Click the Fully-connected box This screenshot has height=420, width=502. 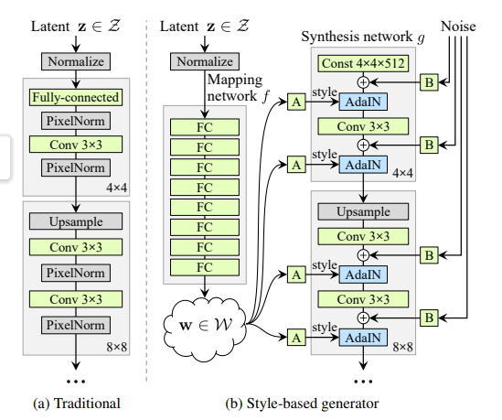(x=76, y=97)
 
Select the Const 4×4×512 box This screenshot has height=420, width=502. (x=363, y=63)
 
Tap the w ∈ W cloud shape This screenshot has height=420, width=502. (x=205, y=328)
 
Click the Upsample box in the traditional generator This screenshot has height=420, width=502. (x=76, y=221)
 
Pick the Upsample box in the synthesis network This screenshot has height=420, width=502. (x=363, y=211)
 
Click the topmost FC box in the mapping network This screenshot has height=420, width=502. (x=205, y=127)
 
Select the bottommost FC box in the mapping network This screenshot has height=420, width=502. (x=205, y=267)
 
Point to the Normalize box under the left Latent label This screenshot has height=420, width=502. (x=76, y=61)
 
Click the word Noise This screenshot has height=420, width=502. (x=458, y=27)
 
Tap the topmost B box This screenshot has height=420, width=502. (x=429, y=82)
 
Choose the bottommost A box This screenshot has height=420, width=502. (x=296, y=338)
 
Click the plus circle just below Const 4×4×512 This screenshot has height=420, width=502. (x=363, y=82)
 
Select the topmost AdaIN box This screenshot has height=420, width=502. (x=363, y=102)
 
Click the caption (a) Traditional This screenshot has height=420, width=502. (x=77, y=404)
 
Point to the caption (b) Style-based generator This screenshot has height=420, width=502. (x=302, y=404)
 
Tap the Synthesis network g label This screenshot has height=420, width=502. (x=363, y=37)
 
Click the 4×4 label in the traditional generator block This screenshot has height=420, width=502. (x=116, y=188)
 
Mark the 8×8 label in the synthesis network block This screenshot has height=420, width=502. (x=402, y=347)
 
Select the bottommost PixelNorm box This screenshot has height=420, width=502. (x=76, y=325)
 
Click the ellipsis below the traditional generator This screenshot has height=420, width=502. (x=76, y=382)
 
